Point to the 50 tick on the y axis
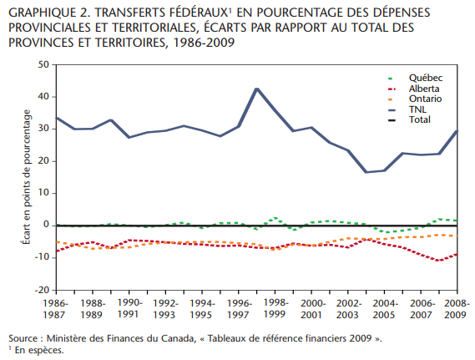[43, 64]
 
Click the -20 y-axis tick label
[42, 290]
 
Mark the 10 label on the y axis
[43, 193]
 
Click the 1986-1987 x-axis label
[55, 309]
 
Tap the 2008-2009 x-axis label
[457, 309]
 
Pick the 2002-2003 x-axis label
[348, 309]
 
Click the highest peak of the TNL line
[257, 89]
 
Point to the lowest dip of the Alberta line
[438, 261]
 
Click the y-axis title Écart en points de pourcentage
[27, 177]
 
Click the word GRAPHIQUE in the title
[42, 13]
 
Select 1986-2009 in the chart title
[205, 43]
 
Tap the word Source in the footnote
[23, 338]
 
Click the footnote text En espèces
[39, 350]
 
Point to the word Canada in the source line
[178, 338]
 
